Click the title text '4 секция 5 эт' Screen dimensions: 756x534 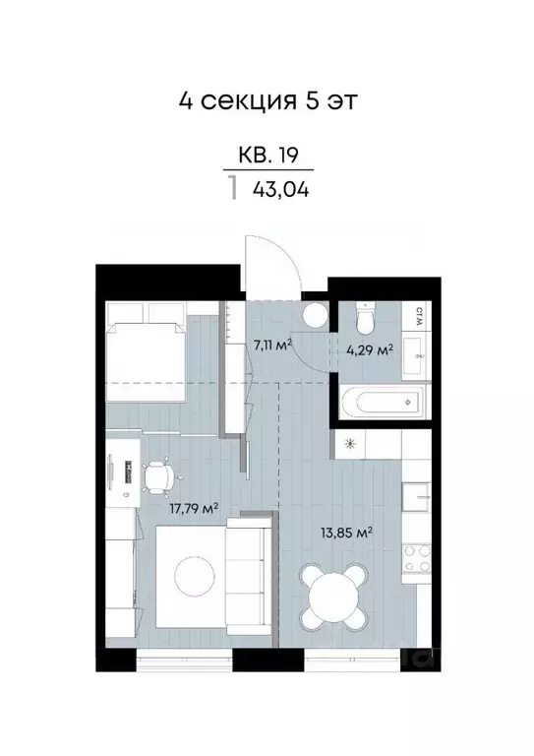(x=267, y=100)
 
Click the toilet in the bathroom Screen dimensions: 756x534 (x=363, y=320)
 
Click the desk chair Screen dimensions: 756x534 (x=159, y=478)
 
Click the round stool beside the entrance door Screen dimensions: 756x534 (x=314, y=316)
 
